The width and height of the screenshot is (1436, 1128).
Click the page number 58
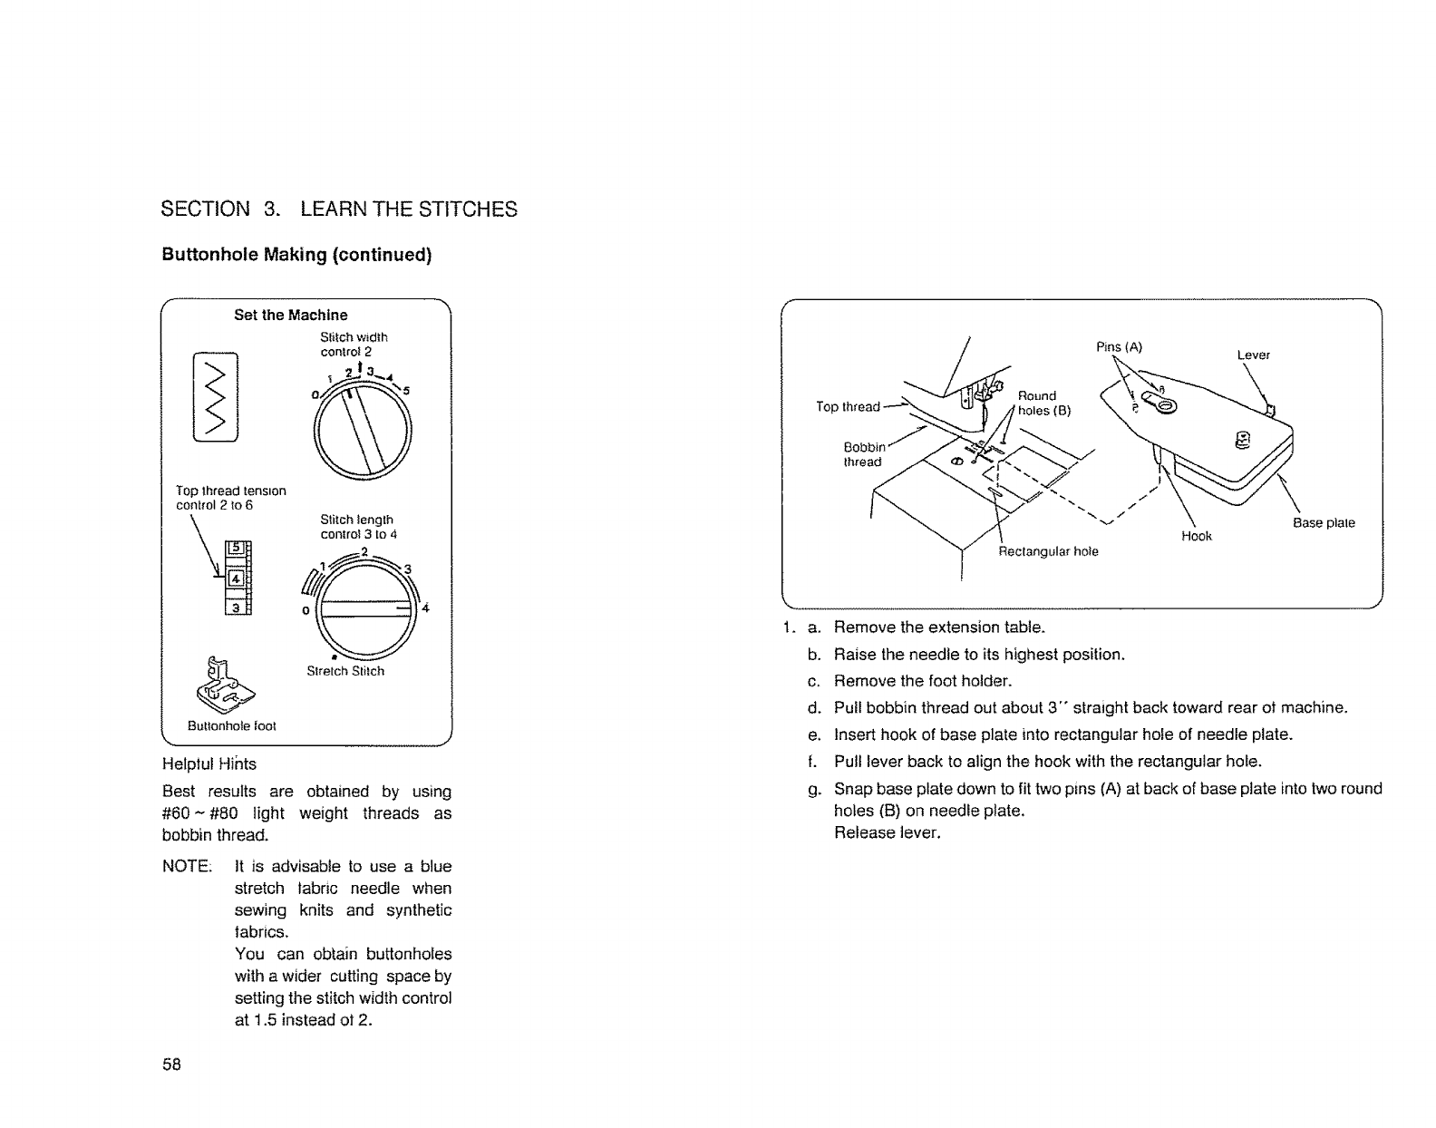[172, 1065]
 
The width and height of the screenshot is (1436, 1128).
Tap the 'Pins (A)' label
[1119, 346]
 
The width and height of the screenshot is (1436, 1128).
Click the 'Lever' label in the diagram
[1253, 355]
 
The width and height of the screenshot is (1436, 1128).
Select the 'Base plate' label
[1324, 522]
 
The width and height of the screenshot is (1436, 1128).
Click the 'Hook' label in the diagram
[1197, 536]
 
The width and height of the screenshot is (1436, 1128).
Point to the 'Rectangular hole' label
[1048, 551]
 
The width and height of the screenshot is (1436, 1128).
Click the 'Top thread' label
[848, 406]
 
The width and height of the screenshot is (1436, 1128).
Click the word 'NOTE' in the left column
[186, 866]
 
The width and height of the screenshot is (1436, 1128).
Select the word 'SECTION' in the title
[205, 209]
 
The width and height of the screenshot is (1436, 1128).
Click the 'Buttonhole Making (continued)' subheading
[296, 255]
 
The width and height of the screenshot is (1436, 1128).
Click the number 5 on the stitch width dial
[407, 392]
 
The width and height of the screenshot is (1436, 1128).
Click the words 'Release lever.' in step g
[888, 832]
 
